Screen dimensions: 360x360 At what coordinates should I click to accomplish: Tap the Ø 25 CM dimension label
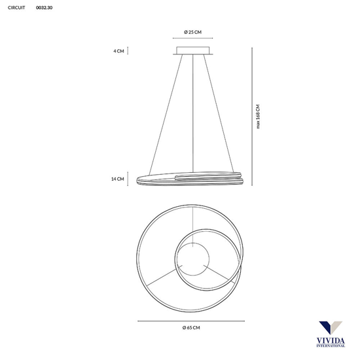pos(192,32)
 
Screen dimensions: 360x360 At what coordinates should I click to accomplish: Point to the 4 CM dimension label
pos(118,50)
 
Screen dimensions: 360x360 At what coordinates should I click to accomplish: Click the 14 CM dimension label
pos(118,178)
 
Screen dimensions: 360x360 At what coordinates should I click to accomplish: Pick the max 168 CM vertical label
pos(258,116)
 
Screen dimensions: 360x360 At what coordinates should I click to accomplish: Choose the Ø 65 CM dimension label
pos(192,327)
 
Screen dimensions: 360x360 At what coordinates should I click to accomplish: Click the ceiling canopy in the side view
pos(192,50)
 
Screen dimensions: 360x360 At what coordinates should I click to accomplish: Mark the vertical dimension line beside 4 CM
pos(128,50)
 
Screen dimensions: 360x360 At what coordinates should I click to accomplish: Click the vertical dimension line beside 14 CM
pos(128,178)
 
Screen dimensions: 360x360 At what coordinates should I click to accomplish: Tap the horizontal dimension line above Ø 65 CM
pos(192,320)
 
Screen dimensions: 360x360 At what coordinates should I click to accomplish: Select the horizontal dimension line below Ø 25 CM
pos(192,39)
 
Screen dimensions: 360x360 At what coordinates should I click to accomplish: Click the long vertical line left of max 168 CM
pos(253,116)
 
